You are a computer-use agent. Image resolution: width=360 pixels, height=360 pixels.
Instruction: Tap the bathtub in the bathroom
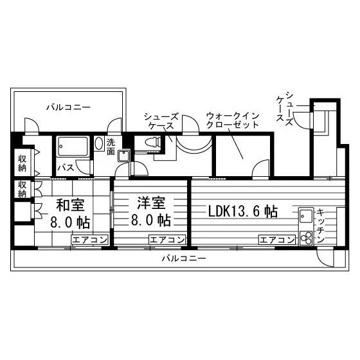(73, 147)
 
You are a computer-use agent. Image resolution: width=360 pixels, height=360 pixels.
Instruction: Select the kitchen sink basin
(306, 216)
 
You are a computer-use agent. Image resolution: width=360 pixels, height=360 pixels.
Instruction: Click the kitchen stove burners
(306, 238)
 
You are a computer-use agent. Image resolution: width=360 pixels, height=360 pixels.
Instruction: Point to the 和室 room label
(71, 205)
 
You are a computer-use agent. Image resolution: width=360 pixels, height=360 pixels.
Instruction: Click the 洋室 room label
(151, 203)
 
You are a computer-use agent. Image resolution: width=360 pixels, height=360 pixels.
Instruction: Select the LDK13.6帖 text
(243, 212)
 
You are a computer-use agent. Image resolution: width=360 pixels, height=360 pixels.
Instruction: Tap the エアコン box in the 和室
(90, 240)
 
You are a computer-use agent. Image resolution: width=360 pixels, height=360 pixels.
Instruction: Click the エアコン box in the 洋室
(167, 240)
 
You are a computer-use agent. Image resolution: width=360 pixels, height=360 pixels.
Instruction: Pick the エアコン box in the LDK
(277, 240)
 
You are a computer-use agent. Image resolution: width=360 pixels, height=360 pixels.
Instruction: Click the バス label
(66, 168)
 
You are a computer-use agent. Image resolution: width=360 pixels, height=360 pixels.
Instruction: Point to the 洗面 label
(111, 147)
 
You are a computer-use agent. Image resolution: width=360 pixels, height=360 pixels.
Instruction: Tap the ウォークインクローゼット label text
(233, 120)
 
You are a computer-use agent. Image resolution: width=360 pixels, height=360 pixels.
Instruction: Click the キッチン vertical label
(320, 226)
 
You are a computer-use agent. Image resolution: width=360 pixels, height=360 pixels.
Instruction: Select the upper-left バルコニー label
(68, 107)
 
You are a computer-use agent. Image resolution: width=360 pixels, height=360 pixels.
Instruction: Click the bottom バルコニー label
(184, 258)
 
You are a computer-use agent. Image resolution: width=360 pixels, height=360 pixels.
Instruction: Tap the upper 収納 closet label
(22, 163)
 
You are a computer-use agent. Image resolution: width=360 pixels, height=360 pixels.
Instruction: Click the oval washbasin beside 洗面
(99, 143)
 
